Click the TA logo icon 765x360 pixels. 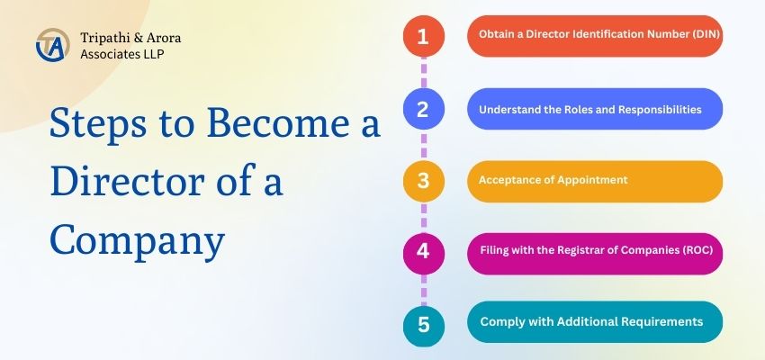50,45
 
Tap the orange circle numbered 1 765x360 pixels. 423,37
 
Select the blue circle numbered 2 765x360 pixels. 423,110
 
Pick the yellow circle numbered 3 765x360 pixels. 423,180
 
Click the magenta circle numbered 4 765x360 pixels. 423,251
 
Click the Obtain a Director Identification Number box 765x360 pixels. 594,36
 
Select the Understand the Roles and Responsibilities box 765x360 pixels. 594,109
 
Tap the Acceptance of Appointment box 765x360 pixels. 594,180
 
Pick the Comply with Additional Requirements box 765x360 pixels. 594,321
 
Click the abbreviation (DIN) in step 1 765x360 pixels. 699,36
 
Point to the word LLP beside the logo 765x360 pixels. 150,53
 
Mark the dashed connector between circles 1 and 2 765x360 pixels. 423,73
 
